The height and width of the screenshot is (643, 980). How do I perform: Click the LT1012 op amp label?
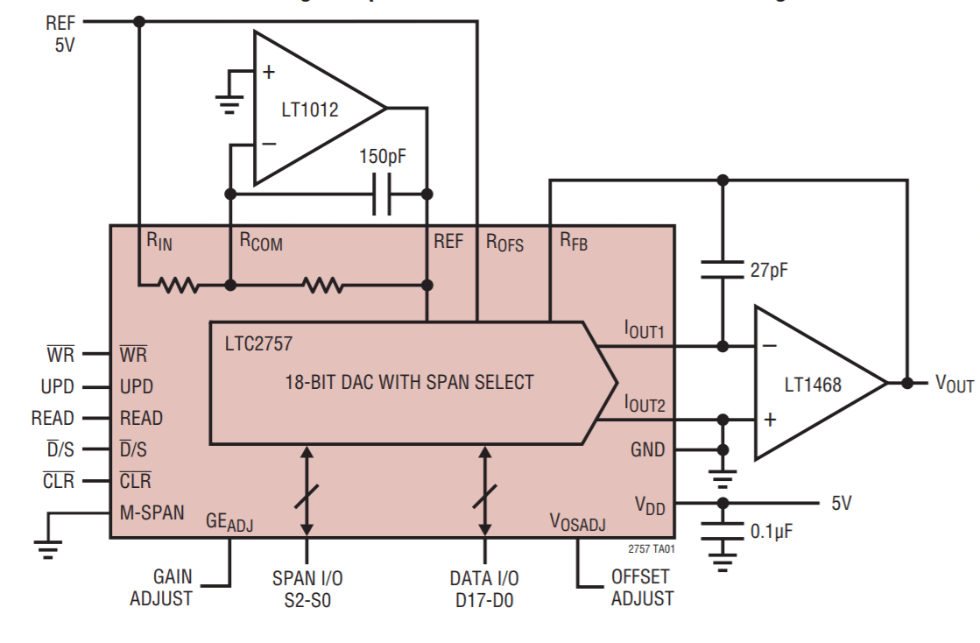(x=309, y=110)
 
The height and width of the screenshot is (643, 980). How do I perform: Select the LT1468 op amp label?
(x=813, y=384)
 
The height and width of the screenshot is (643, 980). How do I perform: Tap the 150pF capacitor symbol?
(x=382, y=194)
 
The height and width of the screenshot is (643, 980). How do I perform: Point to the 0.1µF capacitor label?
(x=772, y=531)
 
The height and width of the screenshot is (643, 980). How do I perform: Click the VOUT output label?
(x=954, y=384)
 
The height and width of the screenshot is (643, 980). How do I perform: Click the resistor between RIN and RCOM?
(x=179, y=285)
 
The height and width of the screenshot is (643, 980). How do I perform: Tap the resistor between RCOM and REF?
(x=322, y=285)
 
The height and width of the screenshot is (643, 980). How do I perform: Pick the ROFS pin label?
(x=504, y=242)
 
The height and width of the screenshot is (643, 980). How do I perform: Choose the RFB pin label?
(x=574, y=242)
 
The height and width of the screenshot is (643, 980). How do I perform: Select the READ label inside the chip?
(x=141, y=418)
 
